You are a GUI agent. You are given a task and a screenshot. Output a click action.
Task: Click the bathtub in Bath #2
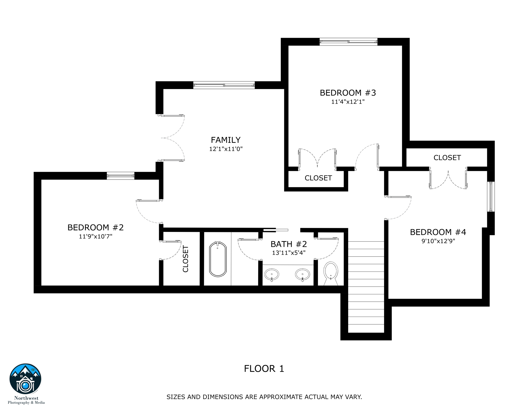pos(218,259)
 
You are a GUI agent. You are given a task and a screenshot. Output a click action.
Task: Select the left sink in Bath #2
pos(271,275)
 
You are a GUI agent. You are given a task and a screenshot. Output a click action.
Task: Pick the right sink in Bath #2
pos(303,275)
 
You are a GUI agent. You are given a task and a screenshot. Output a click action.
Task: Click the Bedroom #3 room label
pos(348,93)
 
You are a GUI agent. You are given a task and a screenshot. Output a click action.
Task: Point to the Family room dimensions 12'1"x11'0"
pos(226,149)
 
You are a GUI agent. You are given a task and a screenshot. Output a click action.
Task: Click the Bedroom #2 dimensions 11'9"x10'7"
pos(96,236)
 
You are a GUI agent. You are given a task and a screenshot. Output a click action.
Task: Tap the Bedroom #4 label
pos(438,232)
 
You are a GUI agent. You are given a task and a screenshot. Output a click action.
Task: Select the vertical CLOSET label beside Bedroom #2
pos(185,259)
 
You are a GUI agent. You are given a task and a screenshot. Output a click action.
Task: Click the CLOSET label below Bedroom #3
pos(318,178)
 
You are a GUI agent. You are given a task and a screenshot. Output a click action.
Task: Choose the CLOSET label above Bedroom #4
pos(447,158)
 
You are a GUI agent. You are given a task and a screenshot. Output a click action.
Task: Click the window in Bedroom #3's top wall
pos(348,42)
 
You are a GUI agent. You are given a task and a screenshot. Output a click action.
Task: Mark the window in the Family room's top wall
pos(224,85)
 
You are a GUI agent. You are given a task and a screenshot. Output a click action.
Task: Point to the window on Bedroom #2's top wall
pos(121,176)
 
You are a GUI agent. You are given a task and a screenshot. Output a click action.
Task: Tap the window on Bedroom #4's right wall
pos(491,197)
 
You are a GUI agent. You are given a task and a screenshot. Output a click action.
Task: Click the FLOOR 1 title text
pos(264,369)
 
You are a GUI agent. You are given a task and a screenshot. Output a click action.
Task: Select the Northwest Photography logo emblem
pos(25,379)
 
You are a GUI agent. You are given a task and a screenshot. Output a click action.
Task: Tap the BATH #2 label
pos(289,244)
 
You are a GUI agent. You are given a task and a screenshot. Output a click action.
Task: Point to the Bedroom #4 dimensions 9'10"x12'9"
pos(438,241)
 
